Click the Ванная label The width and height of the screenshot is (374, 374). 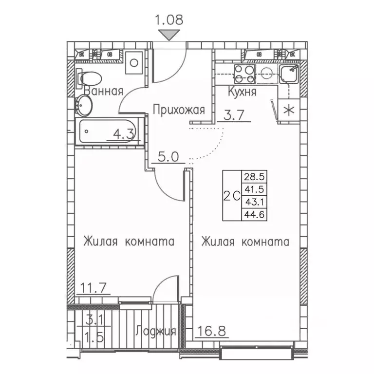click(103, 92)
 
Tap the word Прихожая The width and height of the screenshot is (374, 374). click(179, 110)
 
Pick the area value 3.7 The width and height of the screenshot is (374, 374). click(233, 116)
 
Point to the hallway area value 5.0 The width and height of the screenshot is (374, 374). click(168, 157)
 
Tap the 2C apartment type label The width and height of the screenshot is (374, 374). click(232, 196)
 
